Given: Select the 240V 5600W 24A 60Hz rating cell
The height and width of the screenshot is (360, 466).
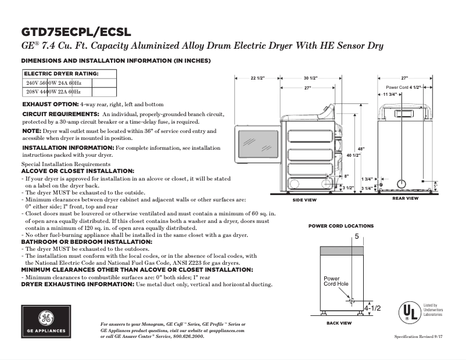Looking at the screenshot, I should [x=53, y=83].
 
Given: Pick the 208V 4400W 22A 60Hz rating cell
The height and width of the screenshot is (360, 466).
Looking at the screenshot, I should [x=53, y=92].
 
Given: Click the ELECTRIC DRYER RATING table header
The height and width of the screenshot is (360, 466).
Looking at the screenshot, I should [x=61, y=74].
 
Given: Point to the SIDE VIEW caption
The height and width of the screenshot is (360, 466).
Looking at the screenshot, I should [x=304, y=200].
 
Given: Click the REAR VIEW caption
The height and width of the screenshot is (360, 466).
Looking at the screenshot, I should [x=405, y=199].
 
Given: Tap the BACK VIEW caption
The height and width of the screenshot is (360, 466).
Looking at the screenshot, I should [x=339, y=323].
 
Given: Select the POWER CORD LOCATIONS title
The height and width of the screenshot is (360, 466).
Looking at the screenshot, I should [x=340, y=226].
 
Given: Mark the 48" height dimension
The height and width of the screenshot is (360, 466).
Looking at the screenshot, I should [x=361, y=149].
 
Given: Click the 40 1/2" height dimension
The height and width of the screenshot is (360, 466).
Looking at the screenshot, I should [x=354, y=156].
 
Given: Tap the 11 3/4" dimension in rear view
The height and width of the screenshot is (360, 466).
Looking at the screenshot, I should [x=390, y=94].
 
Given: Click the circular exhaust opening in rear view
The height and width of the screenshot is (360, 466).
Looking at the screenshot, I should [x=401, y=184].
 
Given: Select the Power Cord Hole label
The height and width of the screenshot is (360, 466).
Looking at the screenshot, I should [x=336, y=282].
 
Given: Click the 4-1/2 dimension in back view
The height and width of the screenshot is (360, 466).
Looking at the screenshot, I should [x=372, y=308].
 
